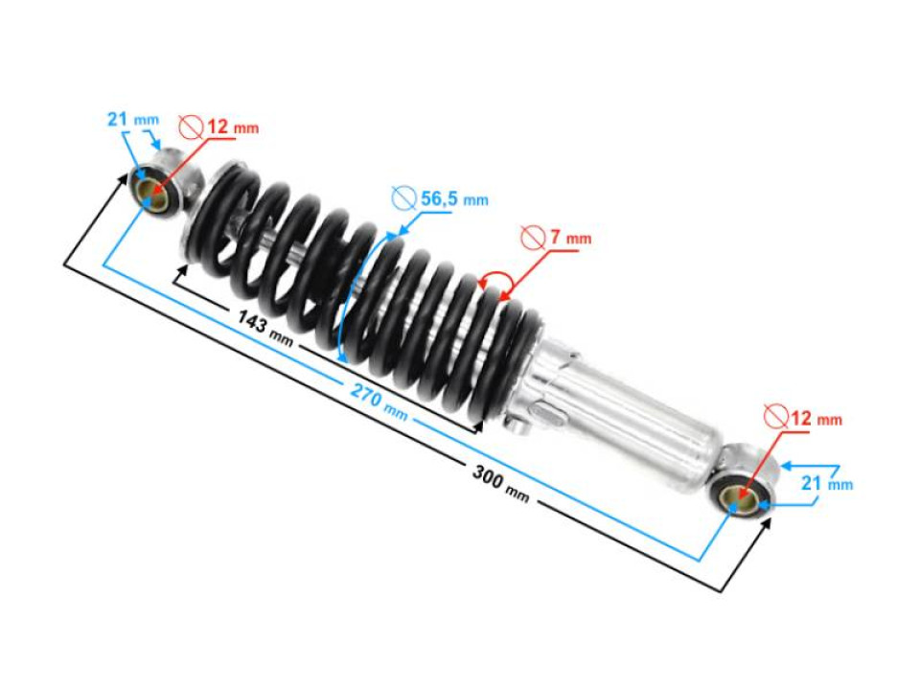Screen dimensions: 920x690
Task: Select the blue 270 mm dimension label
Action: [379, 402]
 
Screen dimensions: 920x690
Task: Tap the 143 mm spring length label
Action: [265, 329]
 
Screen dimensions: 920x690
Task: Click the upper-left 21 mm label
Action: [133, 119]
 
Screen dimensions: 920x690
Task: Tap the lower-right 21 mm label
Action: [827, 483]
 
